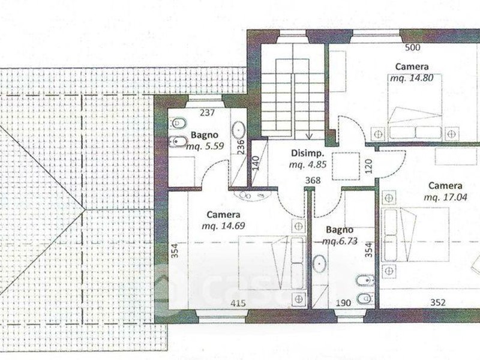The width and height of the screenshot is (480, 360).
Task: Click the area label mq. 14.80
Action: coord(412,78)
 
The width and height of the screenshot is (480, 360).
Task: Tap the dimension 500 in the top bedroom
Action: coord(413,47)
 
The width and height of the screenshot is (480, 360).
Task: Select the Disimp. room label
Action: coord(307,153)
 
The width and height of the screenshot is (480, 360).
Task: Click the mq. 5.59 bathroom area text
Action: coord(205,146)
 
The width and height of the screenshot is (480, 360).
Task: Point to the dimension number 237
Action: coord(207,113)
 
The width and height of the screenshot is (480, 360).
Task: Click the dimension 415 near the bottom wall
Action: coord(238,303)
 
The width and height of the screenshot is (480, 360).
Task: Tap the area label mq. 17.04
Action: coord(445,197)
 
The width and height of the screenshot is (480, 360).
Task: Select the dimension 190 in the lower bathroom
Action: coord(343,303)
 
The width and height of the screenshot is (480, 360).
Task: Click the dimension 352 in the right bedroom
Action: coord(438,302)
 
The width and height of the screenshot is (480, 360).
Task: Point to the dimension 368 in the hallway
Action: coord(313,181)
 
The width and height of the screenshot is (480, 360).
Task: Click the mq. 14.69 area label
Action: coord(223,226)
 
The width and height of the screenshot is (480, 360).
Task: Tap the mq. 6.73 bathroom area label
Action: coord(340,241)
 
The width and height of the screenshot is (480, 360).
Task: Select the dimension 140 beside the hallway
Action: coord(257,163)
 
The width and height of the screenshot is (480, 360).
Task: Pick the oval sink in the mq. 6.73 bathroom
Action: coord(319,263)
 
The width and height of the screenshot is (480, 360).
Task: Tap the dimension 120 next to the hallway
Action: coord(369,166)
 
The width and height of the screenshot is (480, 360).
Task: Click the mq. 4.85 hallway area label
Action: coord(308,164)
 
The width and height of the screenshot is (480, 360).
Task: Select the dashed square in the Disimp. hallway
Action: coord(346,166)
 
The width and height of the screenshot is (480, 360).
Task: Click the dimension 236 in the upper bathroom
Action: coord(241,147)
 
